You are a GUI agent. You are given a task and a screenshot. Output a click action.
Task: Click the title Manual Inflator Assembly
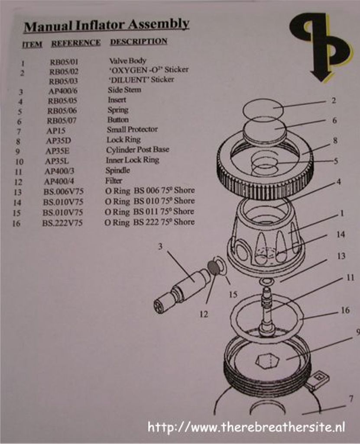coord(107,25)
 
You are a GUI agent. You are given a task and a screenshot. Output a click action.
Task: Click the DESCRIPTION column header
coord(139,42)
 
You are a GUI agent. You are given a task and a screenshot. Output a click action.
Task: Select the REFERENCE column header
coord(76,43)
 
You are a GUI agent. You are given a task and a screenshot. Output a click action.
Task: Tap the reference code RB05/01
coord(64,62)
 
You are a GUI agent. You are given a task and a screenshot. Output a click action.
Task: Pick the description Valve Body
coord(127,61)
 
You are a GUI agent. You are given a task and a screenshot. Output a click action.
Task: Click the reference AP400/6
coord(63,91)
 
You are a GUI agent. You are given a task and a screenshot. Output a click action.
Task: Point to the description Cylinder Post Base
coord(137,149)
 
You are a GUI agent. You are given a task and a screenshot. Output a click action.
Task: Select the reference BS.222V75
coord(62,223)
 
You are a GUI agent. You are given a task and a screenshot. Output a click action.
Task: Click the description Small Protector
coord(132,129)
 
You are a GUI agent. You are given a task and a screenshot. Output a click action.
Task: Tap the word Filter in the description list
coord(114,180)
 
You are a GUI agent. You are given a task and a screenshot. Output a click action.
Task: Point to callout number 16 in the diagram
coord(345,310)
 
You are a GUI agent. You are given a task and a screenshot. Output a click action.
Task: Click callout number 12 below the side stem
coord(204,314)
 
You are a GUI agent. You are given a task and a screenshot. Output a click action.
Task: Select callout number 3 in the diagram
coord(160,247)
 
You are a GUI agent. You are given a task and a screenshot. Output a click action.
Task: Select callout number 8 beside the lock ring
coord(335,141)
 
